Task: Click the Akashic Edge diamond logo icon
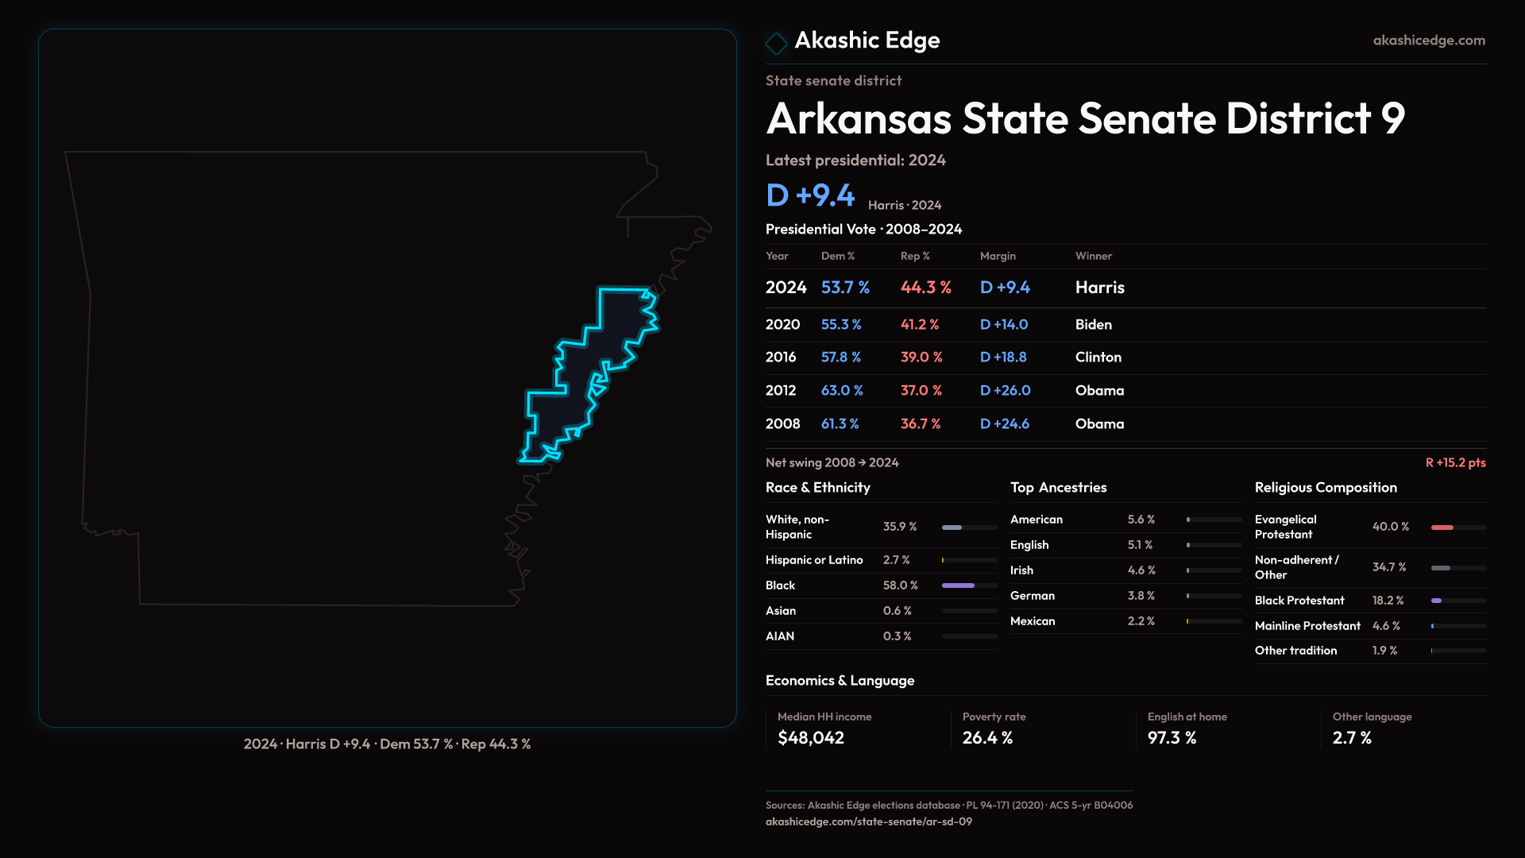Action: (x=776, y=42)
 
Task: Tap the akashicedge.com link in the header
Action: (x=1429, y=41)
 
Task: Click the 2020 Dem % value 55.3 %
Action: (x=841, y=325)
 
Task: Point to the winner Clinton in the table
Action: (x=1098, y=357)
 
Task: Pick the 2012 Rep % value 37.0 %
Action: (x=921, y=391)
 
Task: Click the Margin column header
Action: (x=998, y=256)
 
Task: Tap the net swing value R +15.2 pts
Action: (x=1455, y=462)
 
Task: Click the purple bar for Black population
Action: (x=958, y=586)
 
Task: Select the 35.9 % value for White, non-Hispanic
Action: (x=900, y=527)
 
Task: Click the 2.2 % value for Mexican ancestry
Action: (x=1141, y=621)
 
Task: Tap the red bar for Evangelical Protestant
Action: (x=1442, y=528)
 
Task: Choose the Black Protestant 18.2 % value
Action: (x=1388, y=601)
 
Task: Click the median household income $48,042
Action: (x=811, y=738)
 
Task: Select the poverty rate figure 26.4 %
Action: (x=987, y=738)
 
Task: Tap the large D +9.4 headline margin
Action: (x=810, y=195)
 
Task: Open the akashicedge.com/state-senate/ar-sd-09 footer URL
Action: (x=869, y=821)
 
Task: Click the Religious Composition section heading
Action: (x=1326, y=488)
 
